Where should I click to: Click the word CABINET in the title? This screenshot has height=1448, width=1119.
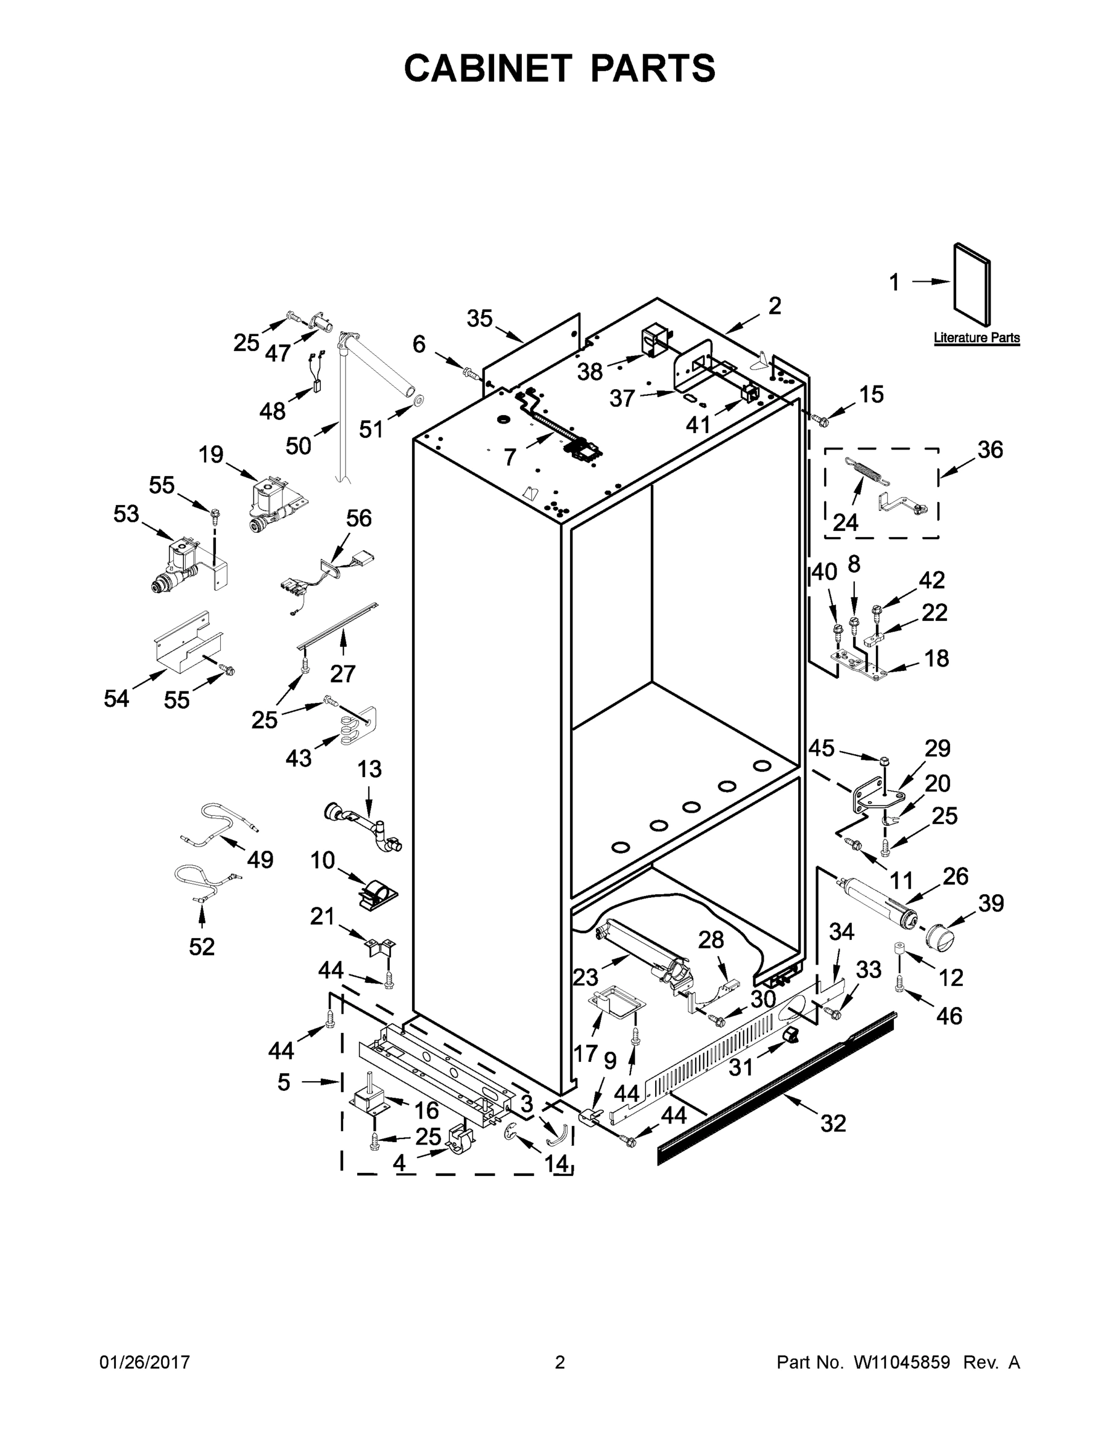click(x=488, y=68)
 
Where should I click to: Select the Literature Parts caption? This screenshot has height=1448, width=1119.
click(x=976, y=337)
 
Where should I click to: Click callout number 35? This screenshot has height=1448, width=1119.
click(x=480, y=319)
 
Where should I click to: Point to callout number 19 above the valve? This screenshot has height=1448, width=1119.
click(x=211, y=455)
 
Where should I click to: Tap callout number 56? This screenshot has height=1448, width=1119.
click(x=359, y=518)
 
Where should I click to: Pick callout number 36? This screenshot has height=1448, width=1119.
click(x=991, y=449)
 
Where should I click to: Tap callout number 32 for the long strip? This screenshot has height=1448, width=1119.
click(x=832, y=1123)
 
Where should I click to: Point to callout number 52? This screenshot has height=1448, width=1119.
click(x=201, y=947)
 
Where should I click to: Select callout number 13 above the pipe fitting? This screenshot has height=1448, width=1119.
click(x=369, y=769)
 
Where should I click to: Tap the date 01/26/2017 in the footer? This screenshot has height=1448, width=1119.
click(x=145, y=1362)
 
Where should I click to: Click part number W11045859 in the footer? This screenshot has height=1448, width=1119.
click(x=902, y=1362)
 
